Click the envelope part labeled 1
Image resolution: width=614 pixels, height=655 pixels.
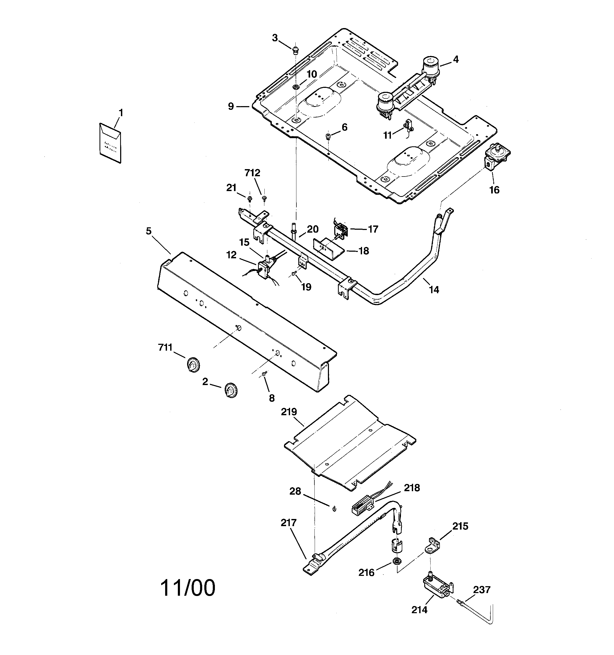coord(110,143)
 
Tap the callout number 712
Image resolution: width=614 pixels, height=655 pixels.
coord(252,173)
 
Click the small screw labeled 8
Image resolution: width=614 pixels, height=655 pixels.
coord(264,374)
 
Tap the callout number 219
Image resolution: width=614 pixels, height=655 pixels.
coord(289,412)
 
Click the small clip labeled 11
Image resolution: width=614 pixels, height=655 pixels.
coord(408,125)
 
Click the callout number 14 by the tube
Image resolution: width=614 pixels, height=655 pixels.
coord(434,290)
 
